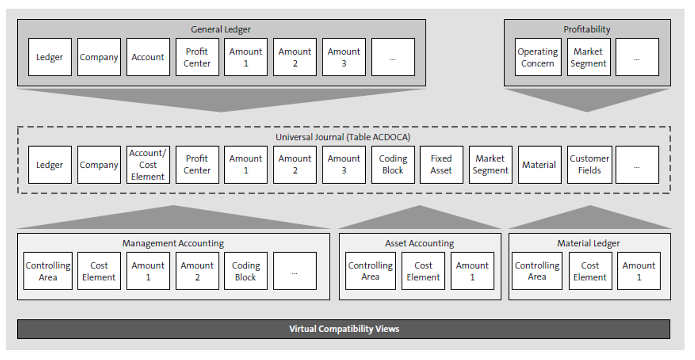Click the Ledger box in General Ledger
coord(50,57)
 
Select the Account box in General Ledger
coord(148,57)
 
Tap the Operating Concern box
coord(538,57)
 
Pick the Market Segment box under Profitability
coord(588,57)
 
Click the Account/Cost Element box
coord(148,165)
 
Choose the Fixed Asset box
coord(441,165)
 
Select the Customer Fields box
coord(589,165)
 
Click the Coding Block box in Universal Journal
coord(393,165)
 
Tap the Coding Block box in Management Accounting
coord(246,271)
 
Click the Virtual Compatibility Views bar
coord(344,329)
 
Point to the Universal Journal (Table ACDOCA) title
coord(344,137)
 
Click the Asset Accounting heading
coord(420,243)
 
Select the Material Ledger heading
coord(588,243)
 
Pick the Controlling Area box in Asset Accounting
coord(370,271)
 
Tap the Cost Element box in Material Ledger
coord(590,271)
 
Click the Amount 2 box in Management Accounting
coord(197,271)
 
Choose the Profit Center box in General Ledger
coord(197,57)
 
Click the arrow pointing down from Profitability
coord(587,99)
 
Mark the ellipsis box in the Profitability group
coord(637,57)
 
